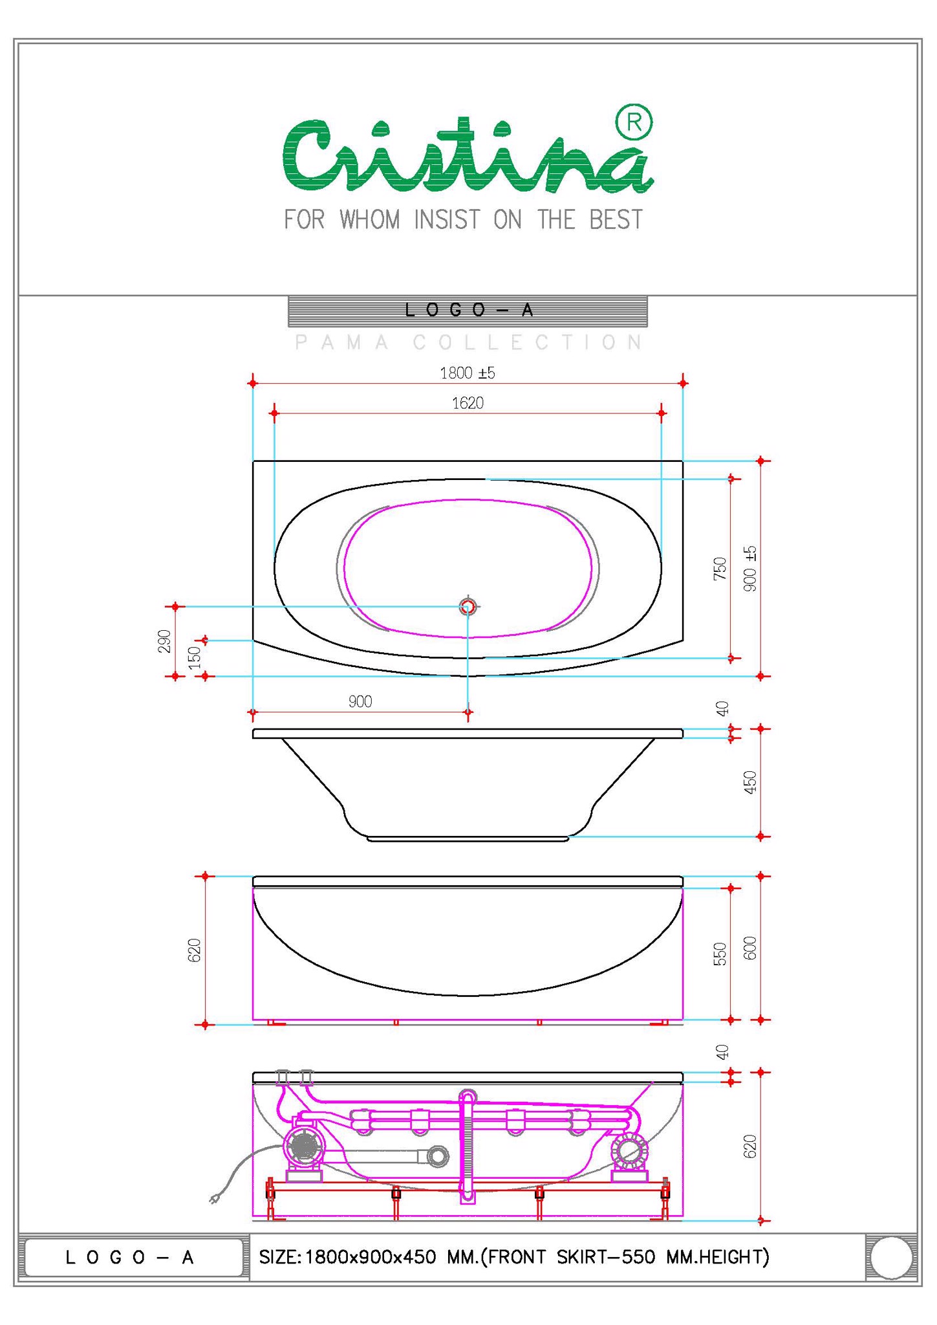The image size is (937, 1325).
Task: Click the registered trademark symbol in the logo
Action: tap(634, 122)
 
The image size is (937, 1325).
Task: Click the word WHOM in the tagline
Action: tap(370, 220)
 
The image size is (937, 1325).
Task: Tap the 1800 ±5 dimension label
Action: tap(467, 373)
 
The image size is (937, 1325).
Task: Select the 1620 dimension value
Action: tap(468, 404)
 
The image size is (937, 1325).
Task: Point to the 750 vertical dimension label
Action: tap(720, 568)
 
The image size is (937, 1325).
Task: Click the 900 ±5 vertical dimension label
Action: tap(750, 568)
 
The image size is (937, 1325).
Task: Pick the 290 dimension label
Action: tap(165, 641)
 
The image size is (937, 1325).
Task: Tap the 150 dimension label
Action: tap(195, 657)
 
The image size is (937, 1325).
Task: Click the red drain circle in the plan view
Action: tap(468, 606)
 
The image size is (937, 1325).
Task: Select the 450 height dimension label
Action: tap(750, 782)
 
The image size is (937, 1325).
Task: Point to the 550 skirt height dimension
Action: tap(720, 954)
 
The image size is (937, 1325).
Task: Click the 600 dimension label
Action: tap(750, 948)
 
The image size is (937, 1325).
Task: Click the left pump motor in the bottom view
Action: tap(303, 1148)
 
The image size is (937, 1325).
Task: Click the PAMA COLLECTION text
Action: tap(469, 342)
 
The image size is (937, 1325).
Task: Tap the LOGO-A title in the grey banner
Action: tap(469, 311)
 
